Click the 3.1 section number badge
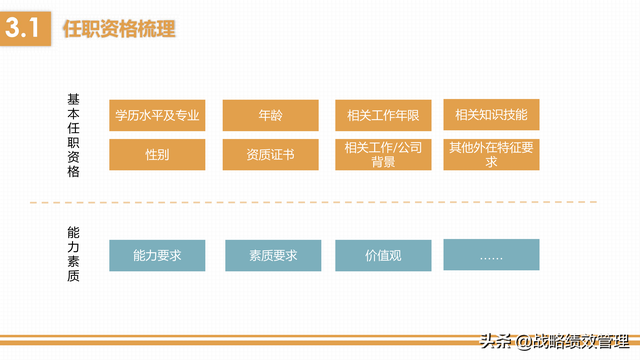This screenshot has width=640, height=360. tap(22, 29)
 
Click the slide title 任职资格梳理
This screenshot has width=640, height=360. tap(119, 29)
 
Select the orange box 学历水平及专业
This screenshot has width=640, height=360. tap(157, 115)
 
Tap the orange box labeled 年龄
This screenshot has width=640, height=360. tap(270, 115)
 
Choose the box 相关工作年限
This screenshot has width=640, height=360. tap(383, 115)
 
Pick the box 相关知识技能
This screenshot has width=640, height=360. tap(491, 115)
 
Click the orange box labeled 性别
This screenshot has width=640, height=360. tap(157, 154)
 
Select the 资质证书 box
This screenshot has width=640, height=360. tap(270, 154)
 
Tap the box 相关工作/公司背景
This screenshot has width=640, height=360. tap(383, 154)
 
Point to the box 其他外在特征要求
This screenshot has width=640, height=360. tap(491, 154)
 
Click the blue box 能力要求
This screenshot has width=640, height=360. tap(157, 255)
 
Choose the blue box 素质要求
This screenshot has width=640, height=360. tap(273, 255)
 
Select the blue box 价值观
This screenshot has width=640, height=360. tap(383, 255)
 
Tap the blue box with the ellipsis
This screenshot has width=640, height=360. tap(491, 255)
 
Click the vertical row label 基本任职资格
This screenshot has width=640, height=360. tap(73, 135)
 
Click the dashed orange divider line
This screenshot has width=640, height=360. tap(300, 203)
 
